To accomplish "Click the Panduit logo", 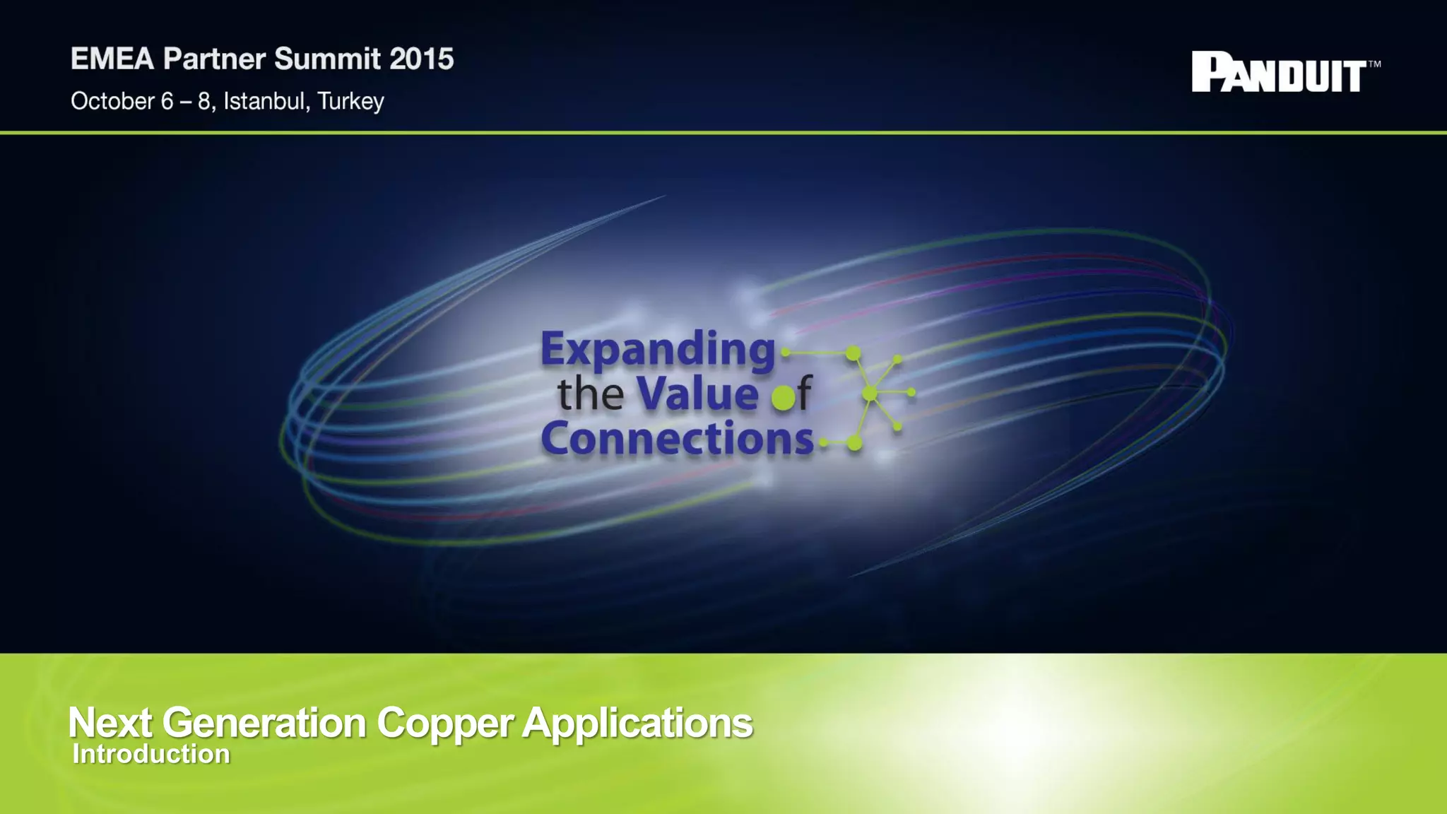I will point(1279,72).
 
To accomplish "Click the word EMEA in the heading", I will point(112,59).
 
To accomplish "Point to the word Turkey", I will point(350,102).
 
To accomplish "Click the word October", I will point(112,102).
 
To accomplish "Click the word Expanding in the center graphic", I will point(658,350).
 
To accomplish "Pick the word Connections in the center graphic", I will point(677,439).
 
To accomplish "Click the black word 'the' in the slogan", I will point(590,395).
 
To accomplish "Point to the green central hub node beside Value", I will point(870,393).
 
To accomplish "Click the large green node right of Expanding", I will point(854,353).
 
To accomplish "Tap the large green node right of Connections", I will point(854,443).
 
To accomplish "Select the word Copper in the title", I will point(444,723).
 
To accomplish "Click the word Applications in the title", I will point(637,723).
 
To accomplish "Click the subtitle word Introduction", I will point(151,754).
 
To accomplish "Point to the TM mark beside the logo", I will point(1374,64).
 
